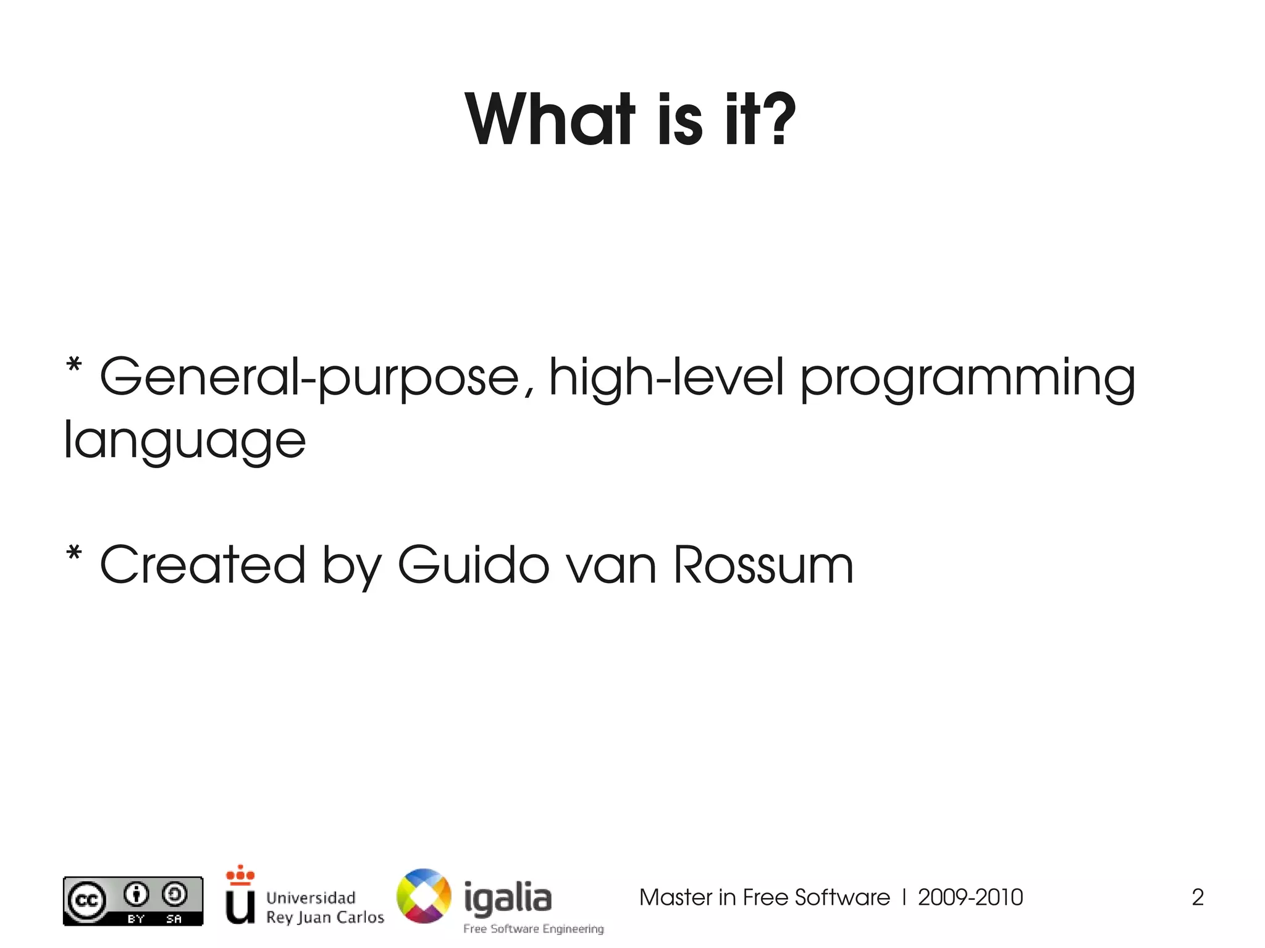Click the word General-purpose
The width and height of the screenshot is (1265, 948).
(309, 378)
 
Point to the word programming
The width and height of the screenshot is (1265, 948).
(967, 378)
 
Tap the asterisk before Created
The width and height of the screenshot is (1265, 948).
(74, 553)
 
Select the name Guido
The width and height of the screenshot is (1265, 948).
(473, 564)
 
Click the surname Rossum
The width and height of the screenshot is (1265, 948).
(763, 564)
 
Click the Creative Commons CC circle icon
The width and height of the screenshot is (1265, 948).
(86, 900)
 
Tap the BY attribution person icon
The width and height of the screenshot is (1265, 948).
(137, 894)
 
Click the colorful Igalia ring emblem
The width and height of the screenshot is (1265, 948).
(424, 896)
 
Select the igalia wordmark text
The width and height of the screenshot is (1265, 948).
(508, 897)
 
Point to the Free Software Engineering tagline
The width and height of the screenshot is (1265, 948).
(534, 929)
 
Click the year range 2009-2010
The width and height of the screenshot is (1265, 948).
(970, 897)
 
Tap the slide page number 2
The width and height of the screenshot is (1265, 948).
(1197, 897)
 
